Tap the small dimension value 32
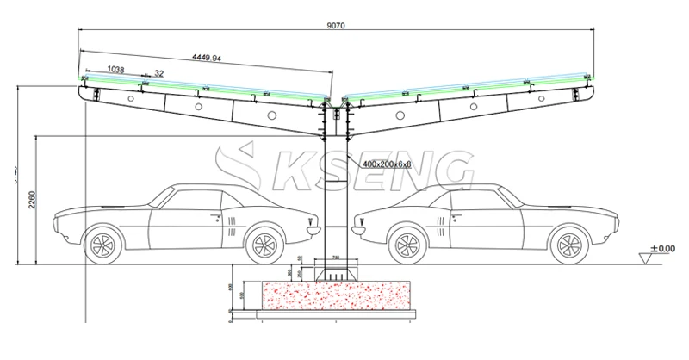(159, 74)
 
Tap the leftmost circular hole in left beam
(131, 101)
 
